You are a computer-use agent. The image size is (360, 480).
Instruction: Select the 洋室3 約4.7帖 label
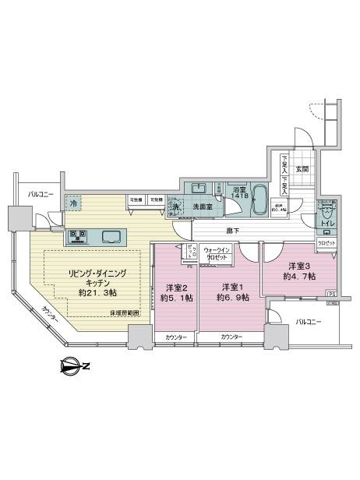point(299,270)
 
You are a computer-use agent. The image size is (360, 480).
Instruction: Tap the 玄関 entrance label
point(302,169)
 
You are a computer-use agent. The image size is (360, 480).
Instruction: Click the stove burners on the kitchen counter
point(79,235)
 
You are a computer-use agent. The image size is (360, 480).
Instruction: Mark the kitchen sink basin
point(110,235)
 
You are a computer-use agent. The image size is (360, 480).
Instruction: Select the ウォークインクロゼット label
point(216,252)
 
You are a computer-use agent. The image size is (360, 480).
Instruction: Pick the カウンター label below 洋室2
point(175,336)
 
